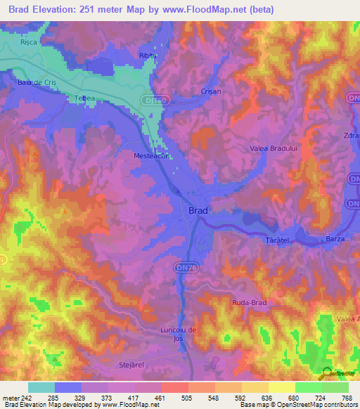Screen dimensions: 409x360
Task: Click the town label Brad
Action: [x=198, y=210]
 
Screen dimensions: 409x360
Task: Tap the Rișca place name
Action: [x=28, y=41]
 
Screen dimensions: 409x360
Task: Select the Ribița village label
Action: [x=147, y=55]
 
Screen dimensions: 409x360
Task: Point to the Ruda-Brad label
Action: [x=247, y=303]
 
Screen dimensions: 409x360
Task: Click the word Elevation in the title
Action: [x=66, y=10]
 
